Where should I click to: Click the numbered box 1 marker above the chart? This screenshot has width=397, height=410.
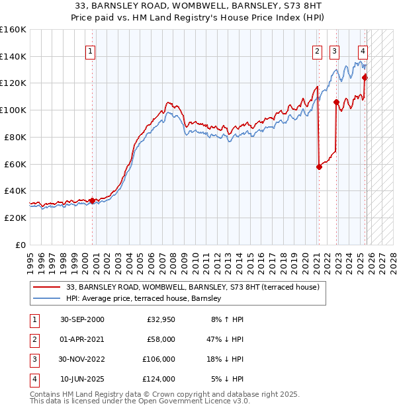click(89, 51)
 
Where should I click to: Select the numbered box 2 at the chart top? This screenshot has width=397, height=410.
click(318, 51)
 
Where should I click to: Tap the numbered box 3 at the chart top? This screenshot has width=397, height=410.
click(335, 51)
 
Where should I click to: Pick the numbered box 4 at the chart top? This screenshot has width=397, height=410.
click(363, 51)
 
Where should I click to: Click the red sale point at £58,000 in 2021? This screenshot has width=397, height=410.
click(319, 167)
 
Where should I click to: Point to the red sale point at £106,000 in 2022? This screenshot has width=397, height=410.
click(336, 102)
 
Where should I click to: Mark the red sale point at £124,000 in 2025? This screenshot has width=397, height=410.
click(365, 77)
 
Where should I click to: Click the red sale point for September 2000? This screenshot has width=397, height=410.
click(92, 200)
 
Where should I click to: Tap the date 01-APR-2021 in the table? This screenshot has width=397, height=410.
click(81, 339)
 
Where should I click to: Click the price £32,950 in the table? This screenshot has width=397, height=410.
click(160, 319)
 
